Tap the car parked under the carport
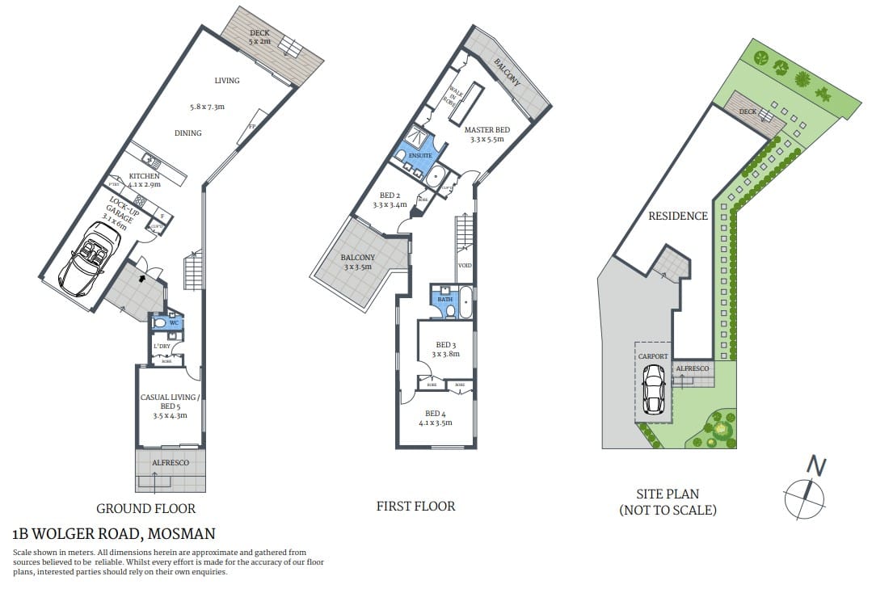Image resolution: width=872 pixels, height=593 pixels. (654, 389)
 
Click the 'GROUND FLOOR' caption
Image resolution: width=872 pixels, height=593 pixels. (146, 508)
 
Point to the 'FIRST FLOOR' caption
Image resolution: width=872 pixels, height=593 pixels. (415, 506)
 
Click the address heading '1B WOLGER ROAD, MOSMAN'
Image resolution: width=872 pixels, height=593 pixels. (114, 534)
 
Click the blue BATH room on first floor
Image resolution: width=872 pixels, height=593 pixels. (445, 300)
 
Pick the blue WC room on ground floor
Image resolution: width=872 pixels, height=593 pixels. (173, 323)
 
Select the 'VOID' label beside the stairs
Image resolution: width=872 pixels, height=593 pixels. (465, 265)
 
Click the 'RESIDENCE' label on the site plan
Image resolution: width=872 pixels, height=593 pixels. (678, 216)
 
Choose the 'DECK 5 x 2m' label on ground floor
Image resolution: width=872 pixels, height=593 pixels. (259, 36)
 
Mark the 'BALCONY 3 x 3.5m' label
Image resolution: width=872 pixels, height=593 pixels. (356, 262)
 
